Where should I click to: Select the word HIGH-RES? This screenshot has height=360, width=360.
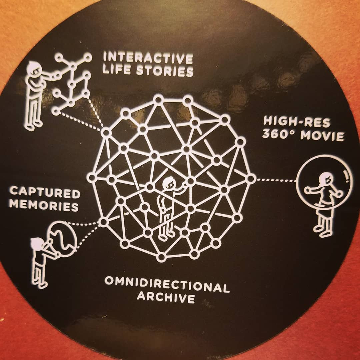296,122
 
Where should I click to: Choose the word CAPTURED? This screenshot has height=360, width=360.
45,193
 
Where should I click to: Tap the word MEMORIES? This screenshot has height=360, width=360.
44,205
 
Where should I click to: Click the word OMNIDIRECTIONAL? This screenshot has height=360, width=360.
167,285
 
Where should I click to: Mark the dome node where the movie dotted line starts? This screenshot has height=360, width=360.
251,179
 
